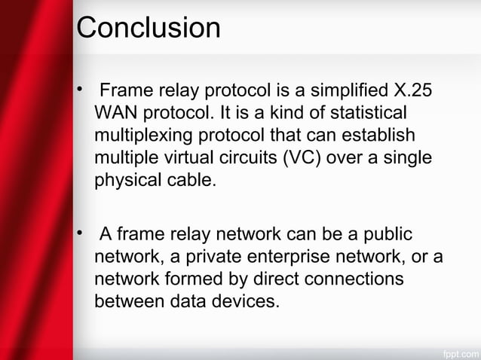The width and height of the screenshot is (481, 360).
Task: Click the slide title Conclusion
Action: (149, 29)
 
